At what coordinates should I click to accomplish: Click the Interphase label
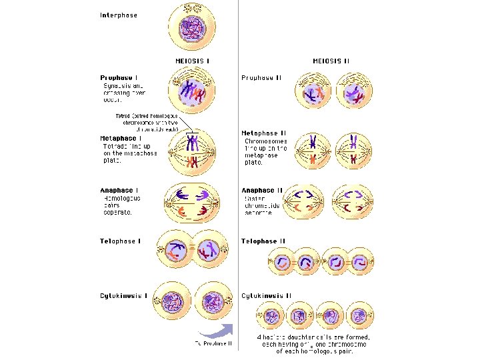[x=119, y=15]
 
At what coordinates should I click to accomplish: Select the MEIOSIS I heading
[x=193, y=61]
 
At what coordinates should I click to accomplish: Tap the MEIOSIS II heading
[x=331, y=61]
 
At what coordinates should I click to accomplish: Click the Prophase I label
[x=119, y=77]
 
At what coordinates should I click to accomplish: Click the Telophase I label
[x=121, y=241]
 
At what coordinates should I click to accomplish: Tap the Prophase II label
[x=261, y=77]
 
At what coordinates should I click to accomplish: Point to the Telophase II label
[x=263, y=241]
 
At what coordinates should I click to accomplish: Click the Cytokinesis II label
[x=267, y=296]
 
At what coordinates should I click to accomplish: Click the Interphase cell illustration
[x=191, y=27]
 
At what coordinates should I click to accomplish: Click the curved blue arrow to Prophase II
[x=216, y=328]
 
